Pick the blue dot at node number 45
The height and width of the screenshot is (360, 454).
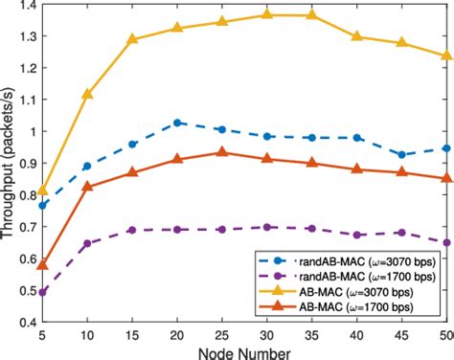click(402, 154)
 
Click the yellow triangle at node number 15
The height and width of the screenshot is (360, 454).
click(132, 39)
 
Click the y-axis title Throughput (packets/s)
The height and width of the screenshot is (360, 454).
click(11, 163)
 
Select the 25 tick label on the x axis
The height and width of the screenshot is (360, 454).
click(222, 334)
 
